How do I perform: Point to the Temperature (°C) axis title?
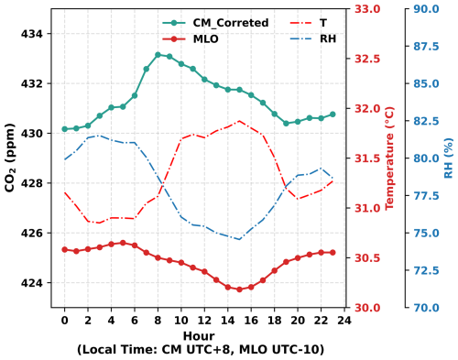pos(388,158)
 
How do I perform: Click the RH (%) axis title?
pos(448,158)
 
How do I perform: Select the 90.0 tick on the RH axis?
pos(427,9)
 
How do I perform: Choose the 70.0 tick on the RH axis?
pos(427,308)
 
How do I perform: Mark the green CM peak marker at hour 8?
pos(158,55)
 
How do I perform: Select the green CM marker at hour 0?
pos(64,129)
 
